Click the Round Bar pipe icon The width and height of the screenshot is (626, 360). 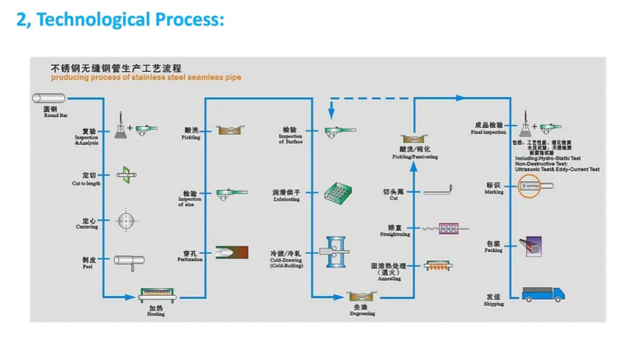[x=49, y=98]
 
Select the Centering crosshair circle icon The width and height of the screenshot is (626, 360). [x=127, y=220]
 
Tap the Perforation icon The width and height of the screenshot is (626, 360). [x=231, y=252]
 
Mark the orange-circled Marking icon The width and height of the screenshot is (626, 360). [x=534, y=186]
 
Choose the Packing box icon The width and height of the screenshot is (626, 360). [x=533, y=245]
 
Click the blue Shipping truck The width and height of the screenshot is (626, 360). [x=543, y=292]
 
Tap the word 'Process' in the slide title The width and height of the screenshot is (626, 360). [x=187, y=19]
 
